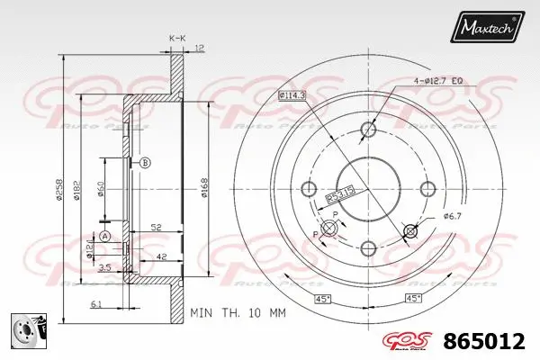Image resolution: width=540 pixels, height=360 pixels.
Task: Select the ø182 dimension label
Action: tap(78, 187)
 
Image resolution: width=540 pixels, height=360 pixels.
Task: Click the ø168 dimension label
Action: tap(206, 187)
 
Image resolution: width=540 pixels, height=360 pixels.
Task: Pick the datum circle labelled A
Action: tap(105, 237)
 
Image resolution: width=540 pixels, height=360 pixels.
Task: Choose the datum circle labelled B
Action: tap(146, 162)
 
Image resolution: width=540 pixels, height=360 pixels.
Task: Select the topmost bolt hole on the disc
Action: tap(367, 130)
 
